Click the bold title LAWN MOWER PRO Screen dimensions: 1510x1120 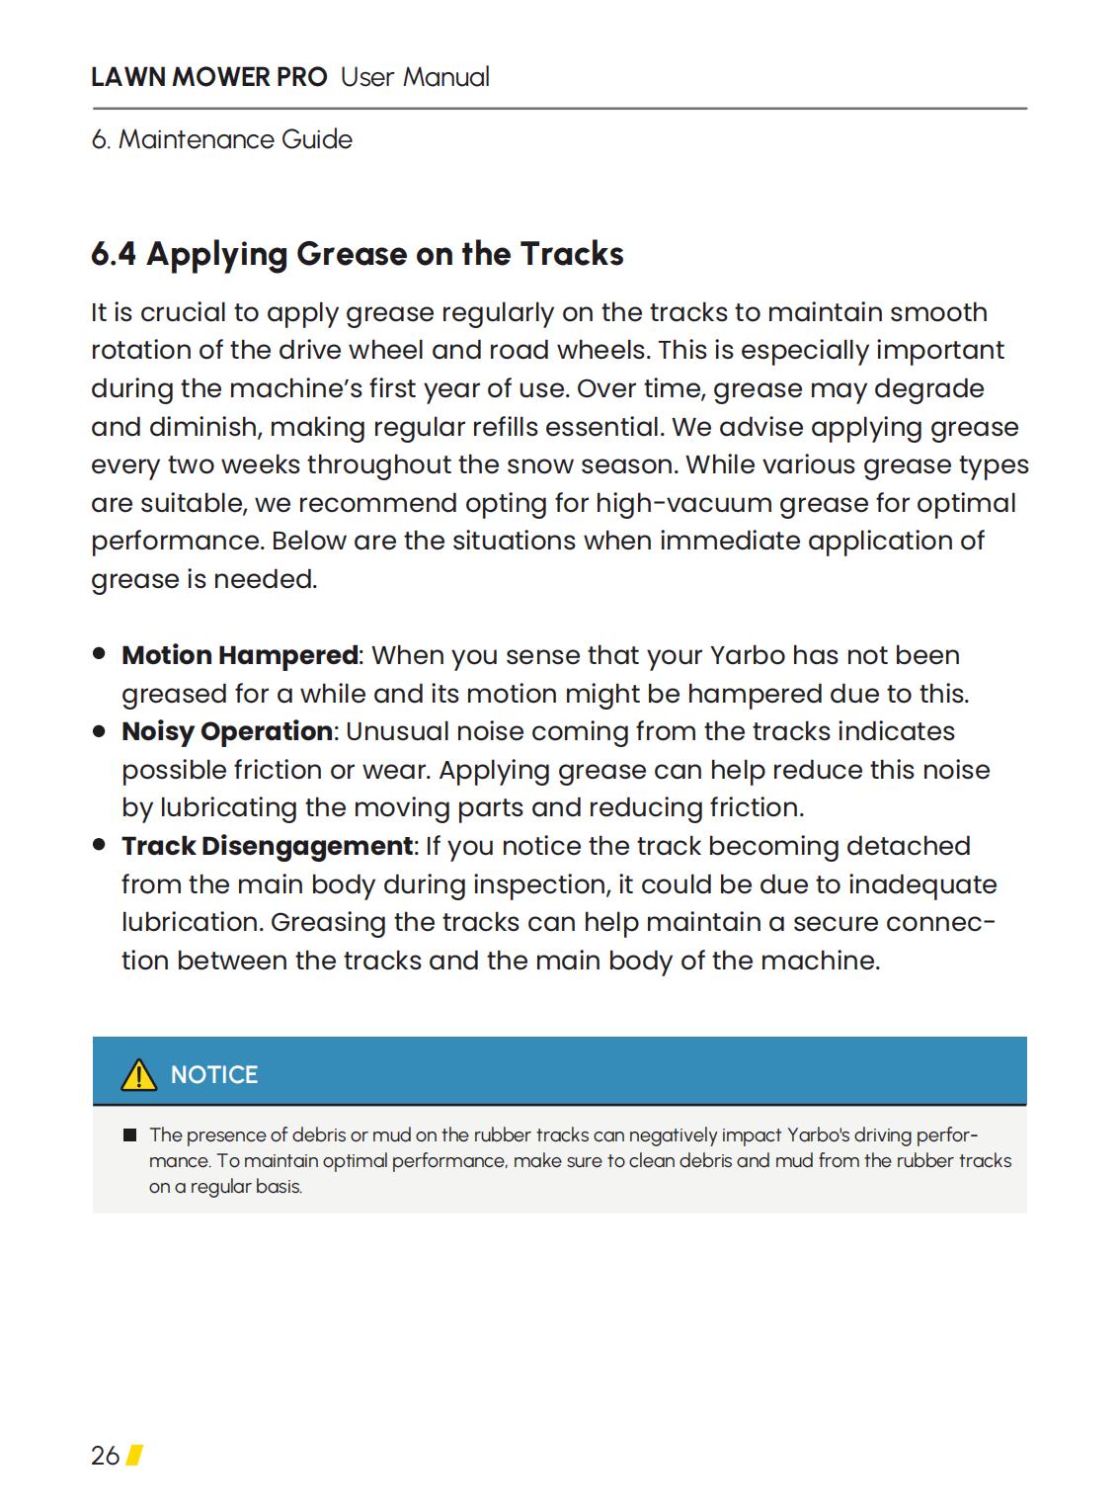click(x=208, y=77)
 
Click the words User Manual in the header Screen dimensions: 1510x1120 click(x=415, y=77)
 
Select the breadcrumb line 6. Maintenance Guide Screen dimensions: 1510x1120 click(x=221, y=139)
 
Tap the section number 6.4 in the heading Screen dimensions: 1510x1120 click(x=114, y=254)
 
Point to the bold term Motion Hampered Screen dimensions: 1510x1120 click(x=239, y=655)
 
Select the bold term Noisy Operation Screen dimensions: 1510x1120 click(x=226, y=731)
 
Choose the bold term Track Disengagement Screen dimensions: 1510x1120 click(x=267, y=846)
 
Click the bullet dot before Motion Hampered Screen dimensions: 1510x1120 click(x=99, y=654)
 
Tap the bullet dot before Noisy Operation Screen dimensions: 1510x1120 click(x=99, y=731)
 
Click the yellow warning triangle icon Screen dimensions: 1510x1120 click(x=138, y=1074)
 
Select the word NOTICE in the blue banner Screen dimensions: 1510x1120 click(x=214, y=1075)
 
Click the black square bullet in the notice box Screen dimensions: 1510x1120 click(x=129, y=1135)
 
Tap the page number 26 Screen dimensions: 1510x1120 click(x=105, y=1456)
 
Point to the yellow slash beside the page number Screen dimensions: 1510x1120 click(x=134, y=1455)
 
